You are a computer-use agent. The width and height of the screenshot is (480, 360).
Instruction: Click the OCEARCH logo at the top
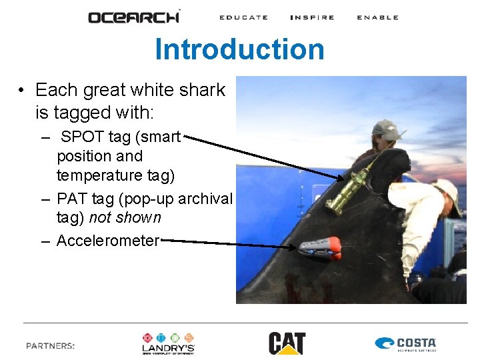click(134, 17)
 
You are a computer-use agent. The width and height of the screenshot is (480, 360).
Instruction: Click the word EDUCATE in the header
click(243, 17)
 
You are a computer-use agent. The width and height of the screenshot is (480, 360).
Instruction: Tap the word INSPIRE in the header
click(312, 17)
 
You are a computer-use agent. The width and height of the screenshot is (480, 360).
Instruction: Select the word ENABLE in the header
click(377, 17)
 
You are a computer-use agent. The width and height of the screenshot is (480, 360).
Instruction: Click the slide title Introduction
click(239, 49)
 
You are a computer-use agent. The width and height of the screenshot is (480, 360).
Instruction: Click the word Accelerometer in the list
click(108, 241)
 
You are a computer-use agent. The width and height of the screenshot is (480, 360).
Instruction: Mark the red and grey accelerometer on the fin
click(321, 247)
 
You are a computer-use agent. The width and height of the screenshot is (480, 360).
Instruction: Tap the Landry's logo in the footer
click(168, 343)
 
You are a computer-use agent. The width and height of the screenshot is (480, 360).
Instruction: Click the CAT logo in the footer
click(287, 343)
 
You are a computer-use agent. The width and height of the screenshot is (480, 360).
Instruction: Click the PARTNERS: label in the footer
click(51, 346)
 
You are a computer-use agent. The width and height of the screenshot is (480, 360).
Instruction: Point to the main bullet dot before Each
click(22, 91)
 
